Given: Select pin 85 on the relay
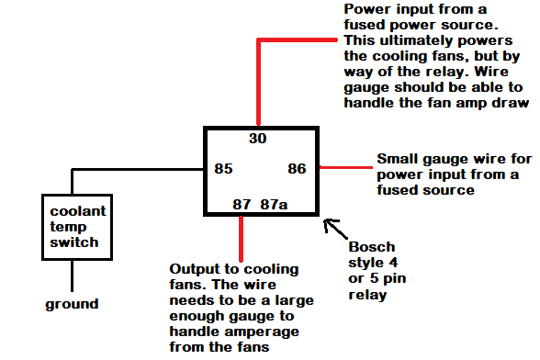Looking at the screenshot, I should [223, 169].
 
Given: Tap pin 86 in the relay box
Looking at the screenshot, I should [297, 169].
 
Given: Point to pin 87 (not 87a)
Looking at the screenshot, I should [242, 204].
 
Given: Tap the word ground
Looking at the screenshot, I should [73, 304].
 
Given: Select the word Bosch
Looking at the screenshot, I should [370, 247].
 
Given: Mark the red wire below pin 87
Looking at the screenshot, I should [242, 239].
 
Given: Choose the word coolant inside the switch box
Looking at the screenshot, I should [78, 211].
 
